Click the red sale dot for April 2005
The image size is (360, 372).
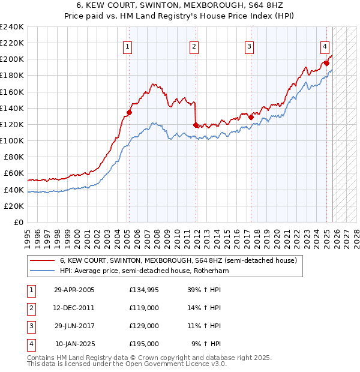129,112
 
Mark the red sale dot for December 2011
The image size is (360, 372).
196,125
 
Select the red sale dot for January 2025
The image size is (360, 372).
326,63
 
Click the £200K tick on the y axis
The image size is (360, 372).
12,59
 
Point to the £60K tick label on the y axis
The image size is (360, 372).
14,173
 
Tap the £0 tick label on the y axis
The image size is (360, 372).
19,222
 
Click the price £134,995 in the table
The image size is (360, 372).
143,290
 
